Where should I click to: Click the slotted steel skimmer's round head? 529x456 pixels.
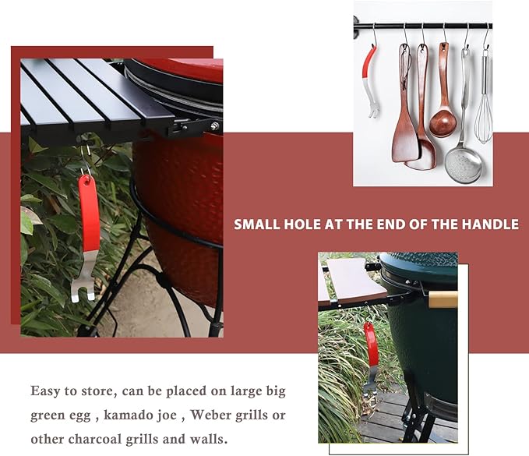tap(463, 165)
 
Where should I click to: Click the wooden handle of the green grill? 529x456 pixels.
tap(443, 299)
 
